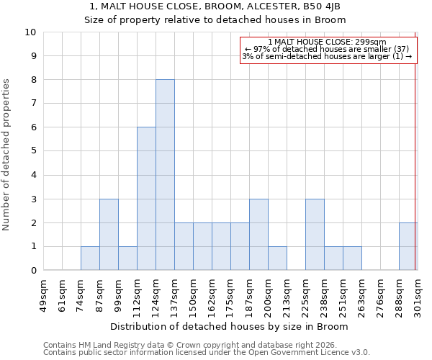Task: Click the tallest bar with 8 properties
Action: pyautogui.click(x=165, y=175)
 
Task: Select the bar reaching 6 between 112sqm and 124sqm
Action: pyautogui.click(x=146, y=199)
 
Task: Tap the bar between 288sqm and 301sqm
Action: pyautogui.click(x=408, y=246)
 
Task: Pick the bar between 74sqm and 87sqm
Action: pyautogui.click(x=90, y=258)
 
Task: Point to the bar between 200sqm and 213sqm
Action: pyautogui.click(x=277, y=258)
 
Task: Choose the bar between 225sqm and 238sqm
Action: pyautogui.click(x=315, y=235)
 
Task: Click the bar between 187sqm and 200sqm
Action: pyautogui.click(x=258, y=235)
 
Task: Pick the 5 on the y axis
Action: pyautogui.click(x=33, y=151)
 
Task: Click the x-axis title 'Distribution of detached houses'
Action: pyautogui.click(x=230, y=326)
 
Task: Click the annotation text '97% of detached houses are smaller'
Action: pyautogui.click(x=327, y=49)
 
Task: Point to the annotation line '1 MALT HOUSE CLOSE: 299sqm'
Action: pyautogui.click(x=327, y=42)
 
